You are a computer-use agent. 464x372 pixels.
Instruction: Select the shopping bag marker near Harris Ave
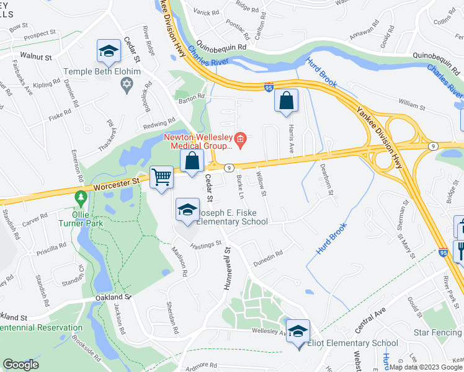[286, 100]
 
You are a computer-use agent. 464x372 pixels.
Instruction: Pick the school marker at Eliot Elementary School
[298, 332]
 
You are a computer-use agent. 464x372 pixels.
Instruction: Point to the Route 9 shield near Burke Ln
[229, 167]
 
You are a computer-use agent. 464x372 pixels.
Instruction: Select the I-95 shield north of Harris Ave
[269, 88]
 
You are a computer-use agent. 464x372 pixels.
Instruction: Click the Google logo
[20, 365]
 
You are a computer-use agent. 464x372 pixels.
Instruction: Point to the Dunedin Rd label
[268, 254]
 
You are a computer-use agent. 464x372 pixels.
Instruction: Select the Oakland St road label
[114, 297]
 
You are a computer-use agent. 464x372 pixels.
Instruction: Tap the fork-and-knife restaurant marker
[460, 250]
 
